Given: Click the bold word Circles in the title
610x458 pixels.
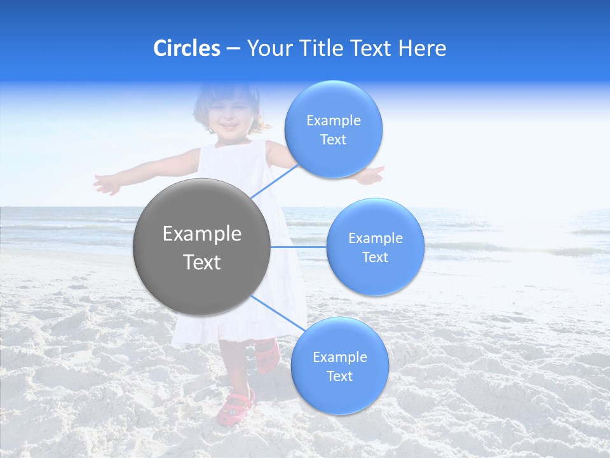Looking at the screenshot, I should click(x=186, y=48).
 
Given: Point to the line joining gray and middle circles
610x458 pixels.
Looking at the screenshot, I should click(x=299, y=247).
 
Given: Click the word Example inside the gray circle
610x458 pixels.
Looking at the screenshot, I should click(x=202, y=234).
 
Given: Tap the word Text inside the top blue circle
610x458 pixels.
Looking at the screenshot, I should click(x=333, y=140).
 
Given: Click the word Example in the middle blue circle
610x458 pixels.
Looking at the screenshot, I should click(x=375, y=239).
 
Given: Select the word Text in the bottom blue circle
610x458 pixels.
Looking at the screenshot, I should click(x=339, y=376).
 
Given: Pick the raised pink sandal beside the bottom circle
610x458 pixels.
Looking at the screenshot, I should click(x=266, y=356).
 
